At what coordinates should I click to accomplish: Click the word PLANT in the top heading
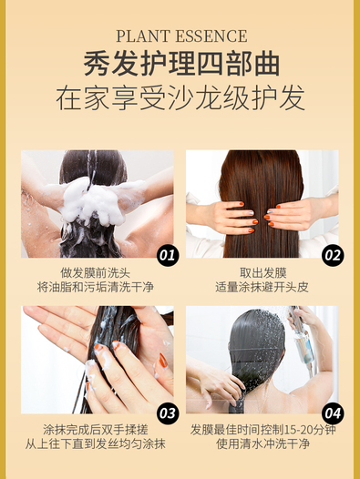click(x=143, y=36)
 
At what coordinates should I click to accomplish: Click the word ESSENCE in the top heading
click(x=211, y=36)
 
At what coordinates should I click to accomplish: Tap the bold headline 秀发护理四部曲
click(x=181, y=64)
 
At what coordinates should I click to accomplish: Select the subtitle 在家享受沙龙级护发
click(x=180, y=97)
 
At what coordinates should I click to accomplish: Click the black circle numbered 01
click(x=168, y=255)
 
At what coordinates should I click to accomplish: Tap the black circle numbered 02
click(x=333, y=255)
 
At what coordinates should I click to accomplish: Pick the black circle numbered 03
click(x=168, y=413)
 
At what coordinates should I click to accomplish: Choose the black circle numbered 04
click(x=333, y=413)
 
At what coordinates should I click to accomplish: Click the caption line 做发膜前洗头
click(x=95, y=273)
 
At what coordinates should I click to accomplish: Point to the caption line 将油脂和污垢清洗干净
click(x=95, y=287)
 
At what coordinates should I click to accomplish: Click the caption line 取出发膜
click(x=263, y=273)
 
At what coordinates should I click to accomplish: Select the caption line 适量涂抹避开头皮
click(x=262, y=287)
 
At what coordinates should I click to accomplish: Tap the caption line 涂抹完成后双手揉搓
click(x=96, y=430)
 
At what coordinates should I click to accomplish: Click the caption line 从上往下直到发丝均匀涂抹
click(x=96, y=443)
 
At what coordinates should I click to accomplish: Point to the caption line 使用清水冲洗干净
click(x=262, y=443)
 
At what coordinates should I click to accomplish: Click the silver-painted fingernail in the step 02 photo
click(x=251, y=213)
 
